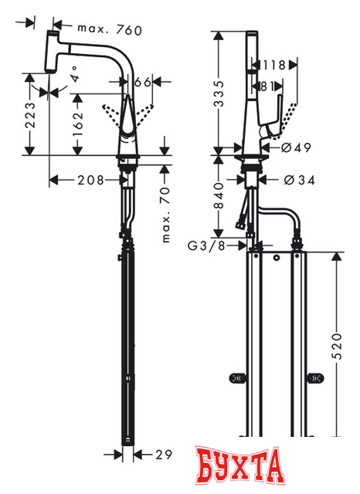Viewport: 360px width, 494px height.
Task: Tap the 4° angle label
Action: click(74, 76)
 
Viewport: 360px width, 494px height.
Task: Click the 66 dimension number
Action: click(143, 82)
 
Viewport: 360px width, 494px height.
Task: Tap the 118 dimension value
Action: click(275, 65)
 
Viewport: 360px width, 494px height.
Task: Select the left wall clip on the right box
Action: click(237, 378)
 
